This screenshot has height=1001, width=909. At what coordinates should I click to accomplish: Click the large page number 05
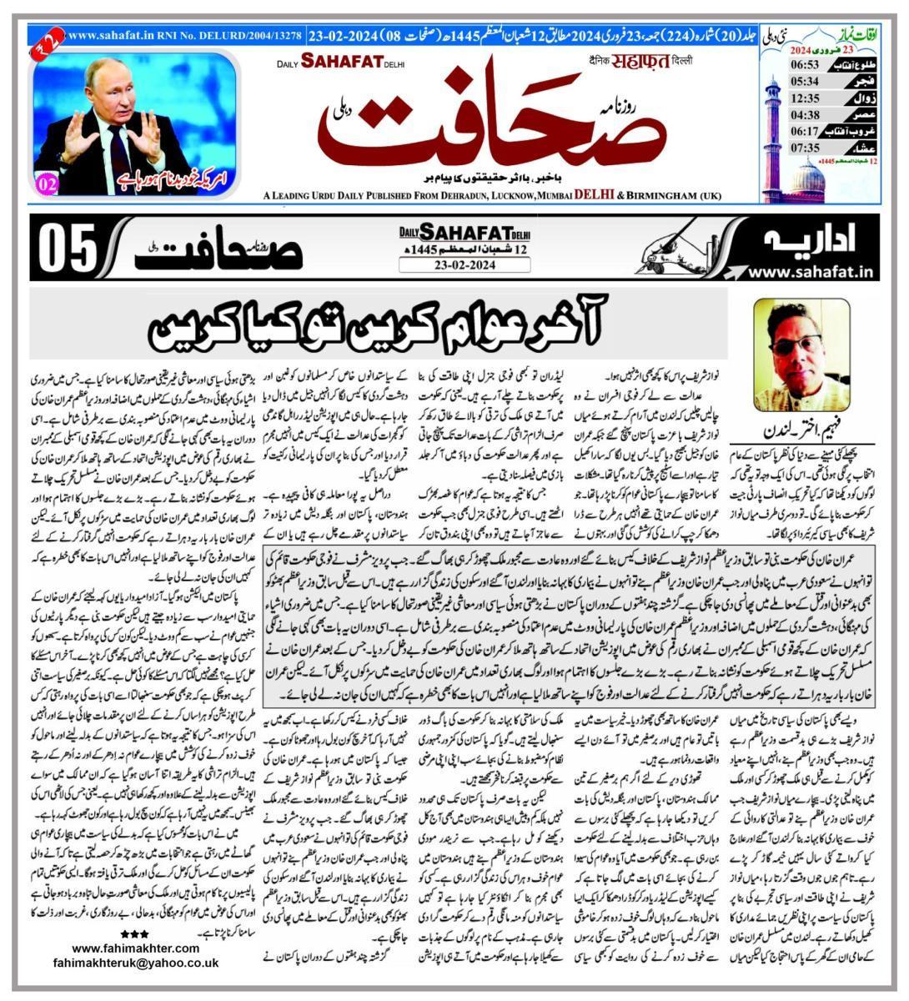tap(64, 249)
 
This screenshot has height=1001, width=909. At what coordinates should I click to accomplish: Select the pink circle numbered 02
tap(48, 185)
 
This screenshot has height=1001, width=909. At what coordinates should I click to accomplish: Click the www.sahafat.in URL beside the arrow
tap(810, 270)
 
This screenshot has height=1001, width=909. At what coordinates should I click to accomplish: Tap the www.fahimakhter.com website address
tap(135, 948)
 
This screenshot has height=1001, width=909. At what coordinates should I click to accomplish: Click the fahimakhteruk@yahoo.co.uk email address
tap(146, 962)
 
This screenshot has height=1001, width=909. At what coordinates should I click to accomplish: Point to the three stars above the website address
tap(134, 933)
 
